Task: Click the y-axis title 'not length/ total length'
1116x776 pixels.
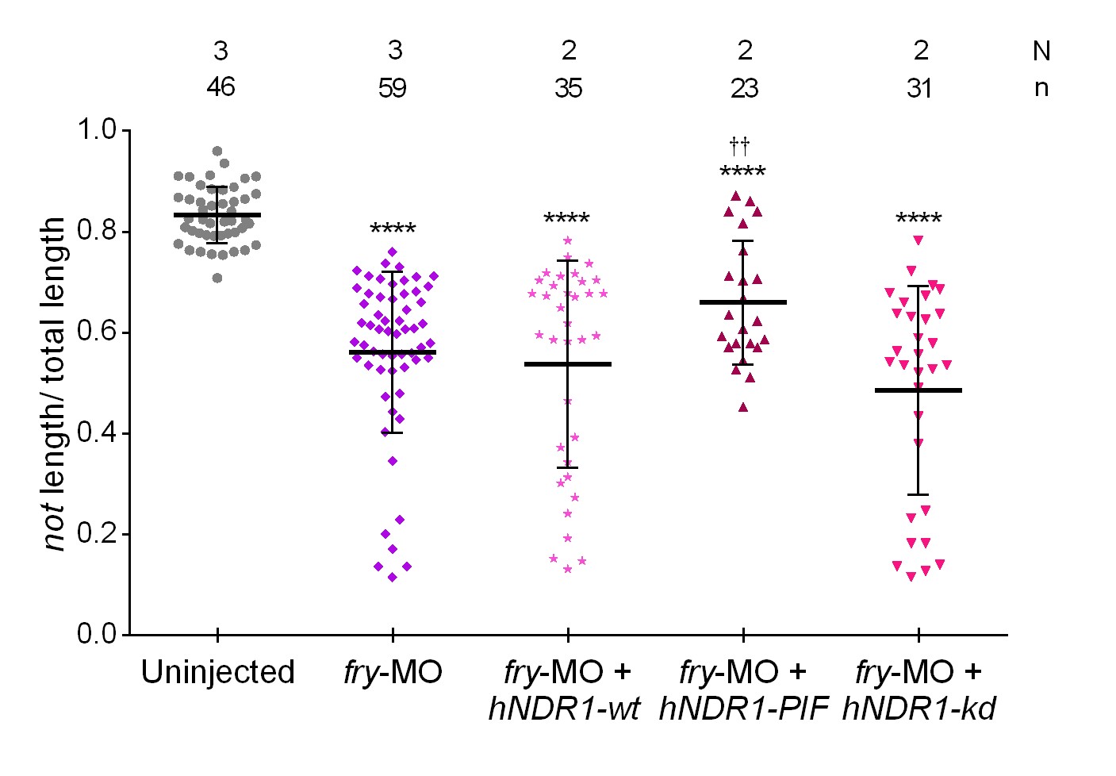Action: pos(55,384)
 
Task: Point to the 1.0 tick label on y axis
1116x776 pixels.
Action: pos(97,129)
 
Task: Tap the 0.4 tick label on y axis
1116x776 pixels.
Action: pos(97,433)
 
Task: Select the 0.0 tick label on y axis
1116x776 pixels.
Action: pos(97,634)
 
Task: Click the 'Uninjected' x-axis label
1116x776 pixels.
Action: pos(217,673)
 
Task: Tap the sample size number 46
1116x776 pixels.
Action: pos(221,86)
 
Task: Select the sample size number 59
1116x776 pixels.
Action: pos(393,86)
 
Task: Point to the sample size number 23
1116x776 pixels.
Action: pos(744,87)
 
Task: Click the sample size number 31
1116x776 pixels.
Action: pos(919,87)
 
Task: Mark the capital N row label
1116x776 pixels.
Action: pos(1041,52)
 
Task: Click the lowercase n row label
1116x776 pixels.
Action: pos(1041,87)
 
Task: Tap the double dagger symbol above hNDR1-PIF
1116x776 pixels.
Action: pos(739,145)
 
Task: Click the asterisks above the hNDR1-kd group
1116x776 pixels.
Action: pos(918,219)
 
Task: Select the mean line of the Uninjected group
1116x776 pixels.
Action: pos(217,215)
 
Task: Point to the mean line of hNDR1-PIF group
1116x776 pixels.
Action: pos(743,302)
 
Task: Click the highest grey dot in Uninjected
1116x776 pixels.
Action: pos(217,151)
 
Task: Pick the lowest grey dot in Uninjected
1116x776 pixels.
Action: pos(217,278)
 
